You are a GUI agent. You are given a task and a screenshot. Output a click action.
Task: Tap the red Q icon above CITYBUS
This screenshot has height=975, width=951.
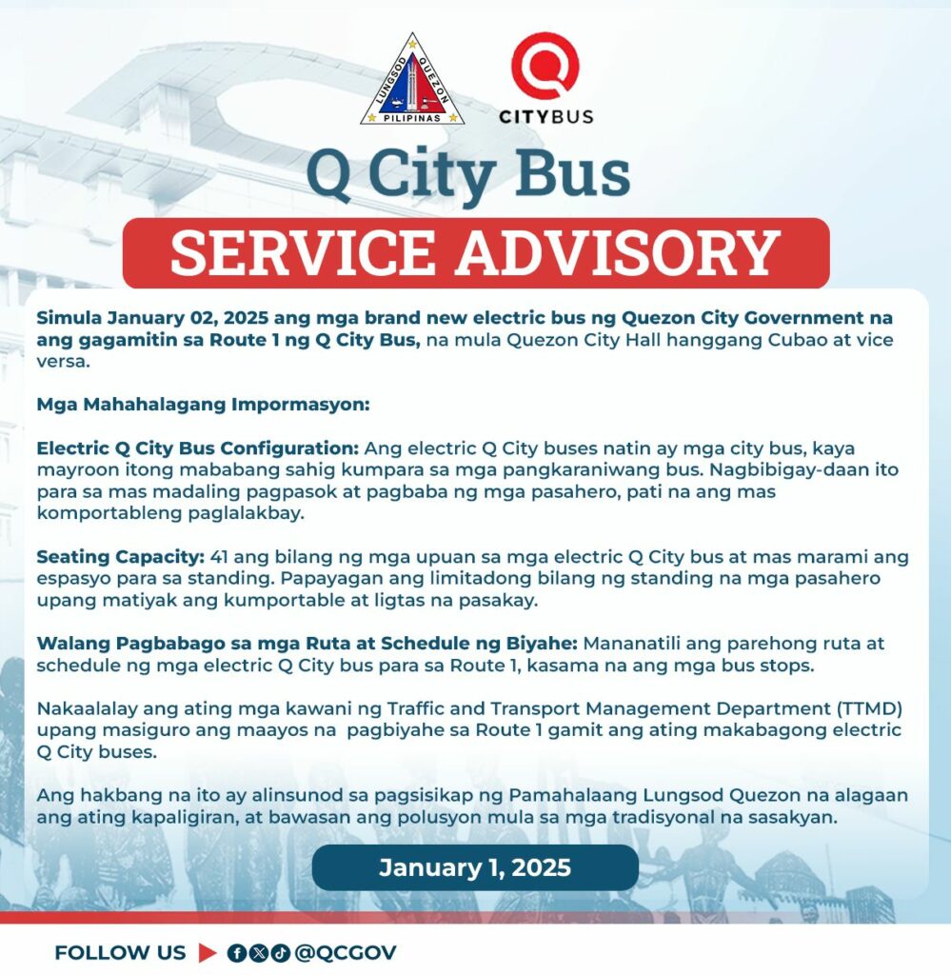545,65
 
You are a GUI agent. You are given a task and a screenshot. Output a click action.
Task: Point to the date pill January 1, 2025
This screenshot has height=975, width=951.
475,867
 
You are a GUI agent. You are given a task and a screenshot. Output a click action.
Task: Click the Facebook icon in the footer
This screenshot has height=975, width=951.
237,953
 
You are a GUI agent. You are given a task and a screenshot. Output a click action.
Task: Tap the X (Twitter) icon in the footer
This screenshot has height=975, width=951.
259,953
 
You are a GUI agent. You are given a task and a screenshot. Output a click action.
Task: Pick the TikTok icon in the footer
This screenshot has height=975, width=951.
280,953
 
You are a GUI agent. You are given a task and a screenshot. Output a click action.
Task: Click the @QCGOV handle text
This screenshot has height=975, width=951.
346,953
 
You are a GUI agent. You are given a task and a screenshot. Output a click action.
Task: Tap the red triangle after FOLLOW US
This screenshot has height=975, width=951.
208,953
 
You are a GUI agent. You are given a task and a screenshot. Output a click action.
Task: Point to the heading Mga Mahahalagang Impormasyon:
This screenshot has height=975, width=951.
202,404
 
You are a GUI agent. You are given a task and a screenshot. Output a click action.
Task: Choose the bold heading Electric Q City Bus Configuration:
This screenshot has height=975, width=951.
197,448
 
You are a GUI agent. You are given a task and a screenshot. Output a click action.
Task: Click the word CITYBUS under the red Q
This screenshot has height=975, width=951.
545,116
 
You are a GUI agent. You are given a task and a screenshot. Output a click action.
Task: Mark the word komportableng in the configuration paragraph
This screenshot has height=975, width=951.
102,513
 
